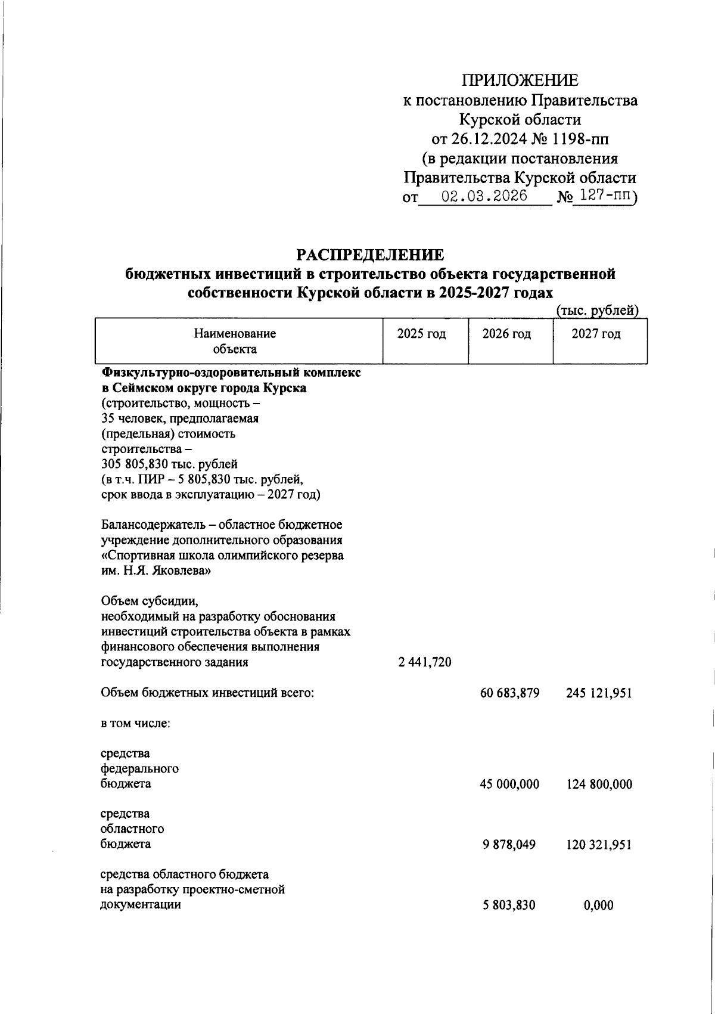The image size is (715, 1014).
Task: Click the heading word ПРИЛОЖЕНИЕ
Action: [x=520, y=80]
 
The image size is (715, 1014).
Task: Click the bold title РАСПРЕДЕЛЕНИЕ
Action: [x=371, y=255]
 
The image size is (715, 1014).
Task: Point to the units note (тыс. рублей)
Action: [x=597, y=310]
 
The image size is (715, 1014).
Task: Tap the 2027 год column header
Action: [x=596, y=334]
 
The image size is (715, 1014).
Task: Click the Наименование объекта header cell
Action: [x=235, y=341]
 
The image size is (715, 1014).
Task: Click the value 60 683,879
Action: [x=509, y=693]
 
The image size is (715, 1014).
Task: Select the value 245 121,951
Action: [x=599, y=693]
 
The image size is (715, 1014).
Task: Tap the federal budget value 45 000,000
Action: [x=509, y=784]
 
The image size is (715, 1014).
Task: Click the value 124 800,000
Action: [x=599, y=784]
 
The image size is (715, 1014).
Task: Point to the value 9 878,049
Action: [x=509, y=845]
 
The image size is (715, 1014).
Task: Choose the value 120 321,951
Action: [x=599, y=845]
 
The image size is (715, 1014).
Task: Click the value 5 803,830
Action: [x=509, y=906]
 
